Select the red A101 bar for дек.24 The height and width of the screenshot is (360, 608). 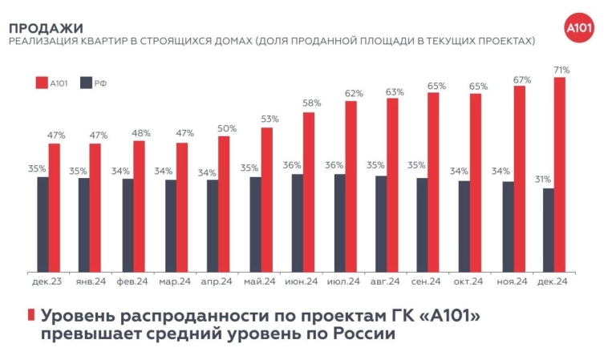click(x=560, y=174)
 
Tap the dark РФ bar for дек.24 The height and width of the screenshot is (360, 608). click(x=548, y=229)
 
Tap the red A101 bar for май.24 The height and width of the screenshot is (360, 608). click(x=267, y=199)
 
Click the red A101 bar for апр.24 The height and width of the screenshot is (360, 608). click(x=224, y=204)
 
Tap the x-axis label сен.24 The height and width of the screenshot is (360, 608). click(x=426, y=281)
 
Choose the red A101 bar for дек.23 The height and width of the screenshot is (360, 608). click(x=55, y=207)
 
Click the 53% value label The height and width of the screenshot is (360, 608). click(x=269, y=119)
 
